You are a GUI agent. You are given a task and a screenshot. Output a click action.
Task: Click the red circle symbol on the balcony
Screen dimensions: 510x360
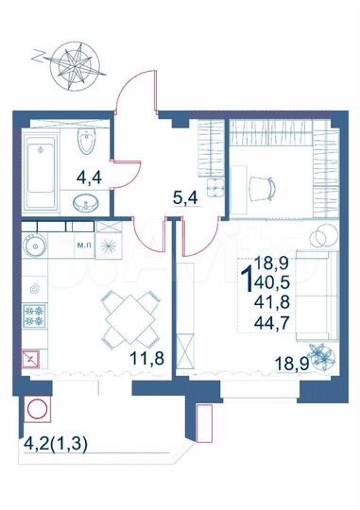pyautogui.click(x=39, y=412)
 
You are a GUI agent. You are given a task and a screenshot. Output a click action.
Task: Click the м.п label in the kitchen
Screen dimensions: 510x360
pyautogui.click(x=82, y=245)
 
